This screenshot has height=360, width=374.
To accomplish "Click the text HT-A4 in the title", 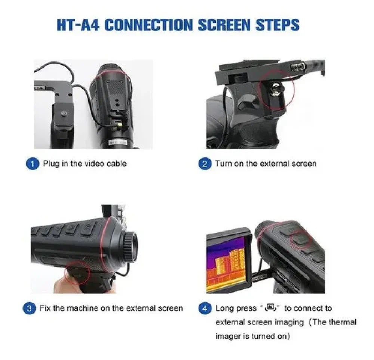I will coord(77,25).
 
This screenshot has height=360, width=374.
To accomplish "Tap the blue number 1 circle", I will coord(33,164).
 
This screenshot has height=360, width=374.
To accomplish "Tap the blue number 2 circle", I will coord(205,164).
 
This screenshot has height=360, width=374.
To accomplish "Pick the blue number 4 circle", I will coord(205,309).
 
